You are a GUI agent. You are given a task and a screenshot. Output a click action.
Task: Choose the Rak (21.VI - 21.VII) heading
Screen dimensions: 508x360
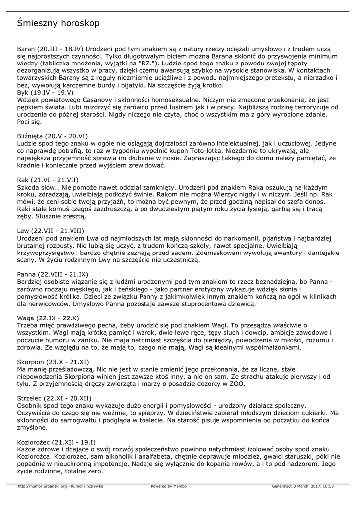tap(48, 179)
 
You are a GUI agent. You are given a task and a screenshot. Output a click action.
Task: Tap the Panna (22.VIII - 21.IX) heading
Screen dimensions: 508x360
tap(53, 274)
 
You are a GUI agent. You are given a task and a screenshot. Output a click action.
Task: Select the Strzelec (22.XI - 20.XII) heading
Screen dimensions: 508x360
tap(54, 398)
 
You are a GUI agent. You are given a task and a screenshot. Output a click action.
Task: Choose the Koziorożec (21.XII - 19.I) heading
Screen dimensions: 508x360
tap(57, 442)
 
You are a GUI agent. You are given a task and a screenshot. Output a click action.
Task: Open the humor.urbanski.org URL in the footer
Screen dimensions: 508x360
tap(60, 487)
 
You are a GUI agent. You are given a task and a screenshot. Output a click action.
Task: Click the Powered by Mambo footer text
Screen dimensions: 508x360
tap(169, 487)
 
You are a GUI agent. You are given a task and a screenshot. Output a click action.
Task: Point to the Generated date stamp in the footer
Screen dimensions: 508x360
tap(302, 487)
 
